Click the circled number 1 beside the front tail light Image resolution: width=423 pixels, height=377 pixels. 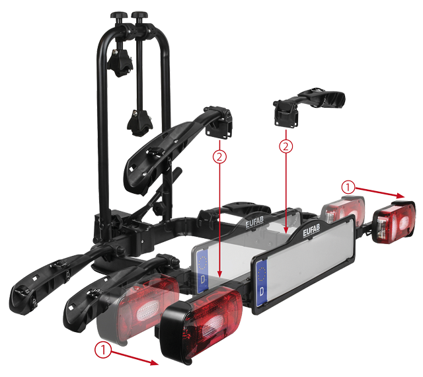point(103,350)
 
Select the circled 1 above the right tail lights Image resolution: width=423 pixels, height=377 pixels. point(348,187)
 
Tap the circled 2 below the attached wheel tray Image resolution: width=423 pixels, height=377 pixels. point(219,157)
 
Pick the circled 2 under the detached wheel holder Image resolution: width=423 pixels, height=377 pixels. point(286,146)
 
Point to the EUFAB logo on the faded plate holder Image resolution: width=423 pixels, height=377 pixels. point(254,222)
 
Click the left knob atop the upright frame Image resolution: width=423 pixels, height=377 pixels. point(118,16)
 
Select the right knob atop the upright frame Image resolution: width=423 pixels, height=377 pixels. point(139,16)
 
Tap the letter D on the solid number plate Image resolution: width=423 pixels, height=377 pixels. point(262,292)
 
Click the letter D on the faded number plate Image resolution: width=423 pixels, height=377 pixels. point(202,279)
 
